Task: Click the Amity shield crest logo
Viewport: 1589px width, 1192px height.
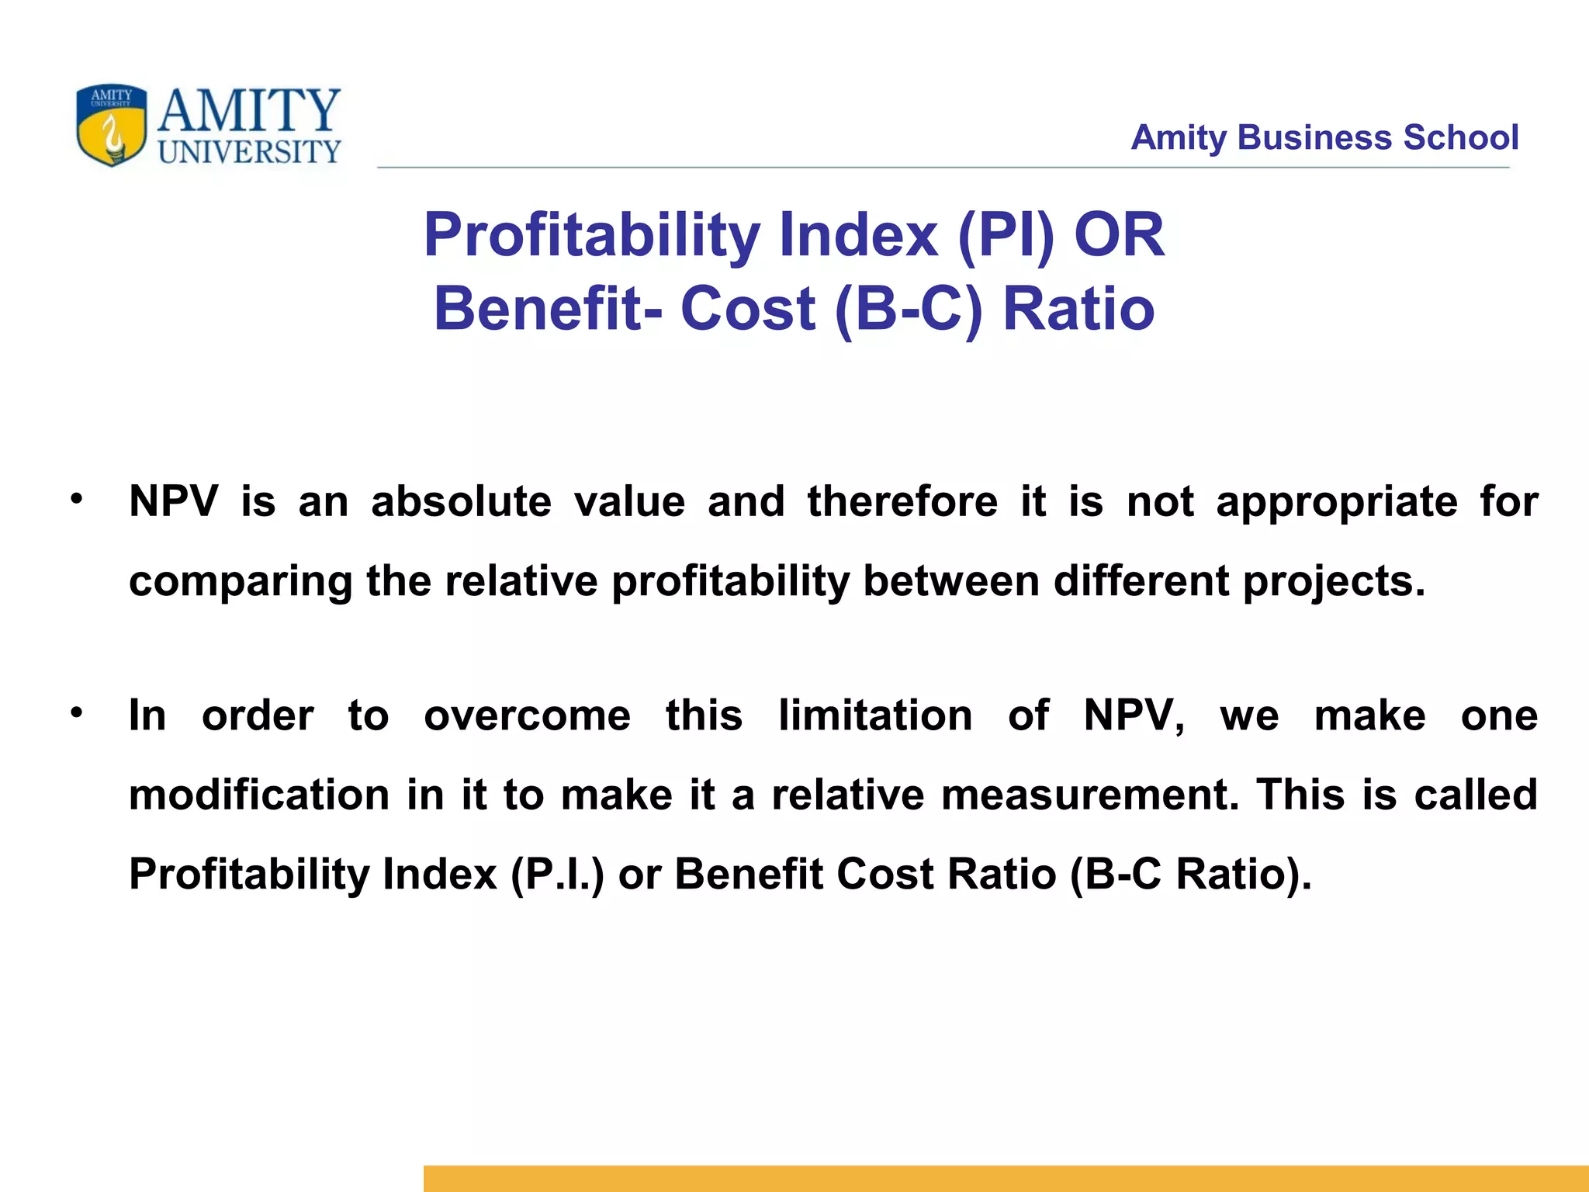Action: pyautogui.click(x=111, y=125)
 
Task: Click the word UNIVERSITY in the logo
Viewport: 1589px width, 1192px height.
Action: pyautogui.click(x=249, y=152)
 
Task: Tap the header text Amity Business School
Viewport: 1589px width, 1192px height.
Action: pyautogui.click(x=1324, y=137)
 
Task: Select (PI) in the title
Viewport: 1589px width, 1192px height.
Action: pyautogui.click(x=1007, y=235)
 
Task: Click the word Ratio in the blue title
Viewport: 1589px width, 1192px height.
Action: pyautogui.click(x=1078, y=309)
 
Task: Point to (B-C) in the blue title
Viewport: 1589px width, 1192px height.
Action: pyautogui.click(x=909, y=309)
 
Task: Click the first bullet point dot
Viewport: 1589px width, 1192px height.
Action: pyautogui.click(x=75, y=499)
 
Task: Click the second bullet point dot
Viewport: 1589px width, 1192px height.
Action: pyautogui.click(x=75, y=712)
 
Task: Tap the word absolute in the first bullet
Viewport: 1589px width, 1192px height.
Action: pyautogui.click(x=461, y=501)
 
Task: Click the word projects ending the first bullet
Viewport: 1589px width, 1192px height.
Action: pyautogui.click(x=1334, y=582)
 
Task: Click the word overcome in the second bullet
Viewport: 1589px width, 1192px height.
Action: pyautogui.click(x=527, y=716)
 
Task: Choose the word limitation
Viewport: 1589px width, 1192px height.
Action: pyautogui.click(x=875, y=716)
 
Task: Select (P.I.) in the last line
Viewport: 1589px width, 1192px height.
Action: pyautogui.click(x=557, y=875)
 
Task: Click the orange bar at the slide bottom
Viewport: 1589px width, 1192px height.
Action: pyautogui.click(x=1006, y=1178)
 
